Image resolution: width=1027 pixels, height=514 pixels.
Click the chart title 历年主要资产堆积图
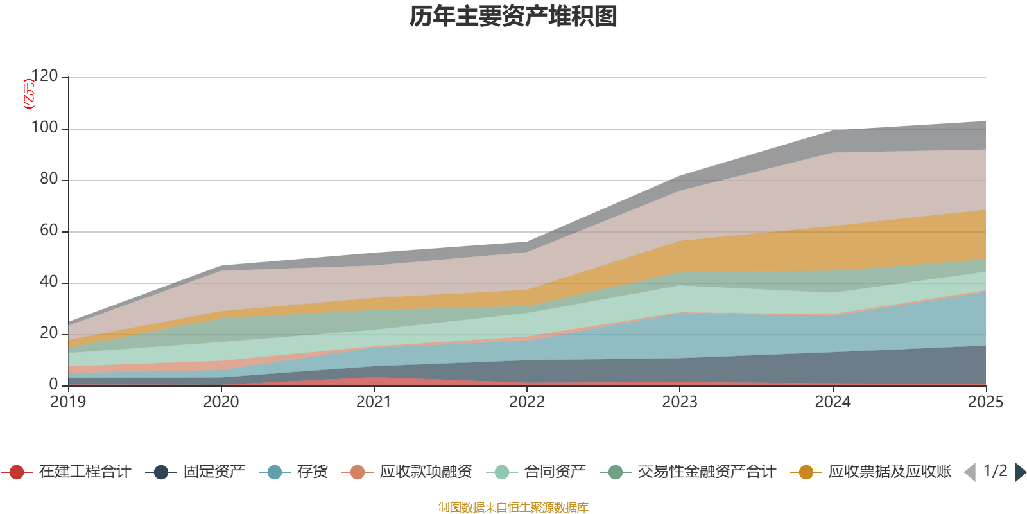tap(513, 17)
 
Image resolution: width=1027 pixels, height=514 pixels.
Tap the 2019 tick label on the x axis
tap(68, 402)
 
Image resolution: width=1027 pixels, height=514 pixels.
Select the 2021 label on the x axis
tap(374, 402)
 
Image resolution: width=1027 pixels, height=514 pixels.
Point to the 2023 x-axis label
tap(680, 402)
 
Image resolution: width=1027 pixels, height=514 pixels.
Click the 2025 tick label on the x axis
tap(985, 402)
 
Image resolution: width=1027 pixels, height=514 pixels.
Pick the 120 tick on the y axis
tap(45, 76)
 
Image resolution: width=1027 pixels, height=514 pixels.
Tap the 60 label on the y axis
tap(49, 231)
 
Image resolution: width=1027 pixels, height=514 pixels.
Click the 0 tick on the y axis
tap(54, 384)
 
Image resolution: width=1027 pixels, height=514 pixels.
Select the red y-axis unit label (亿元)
tap(29, 94)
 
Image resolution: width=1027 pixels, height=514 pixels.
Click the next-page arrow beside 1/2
tap(1020, 472)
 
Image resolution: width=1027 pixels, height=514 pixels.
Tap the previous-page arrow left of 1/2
tap(970, 472)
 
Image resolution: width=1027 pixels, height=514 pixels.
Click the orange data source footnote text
tap(513, 508)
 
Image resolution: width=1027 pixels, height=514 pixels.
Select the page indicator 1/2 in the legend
tap(995, 471)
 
